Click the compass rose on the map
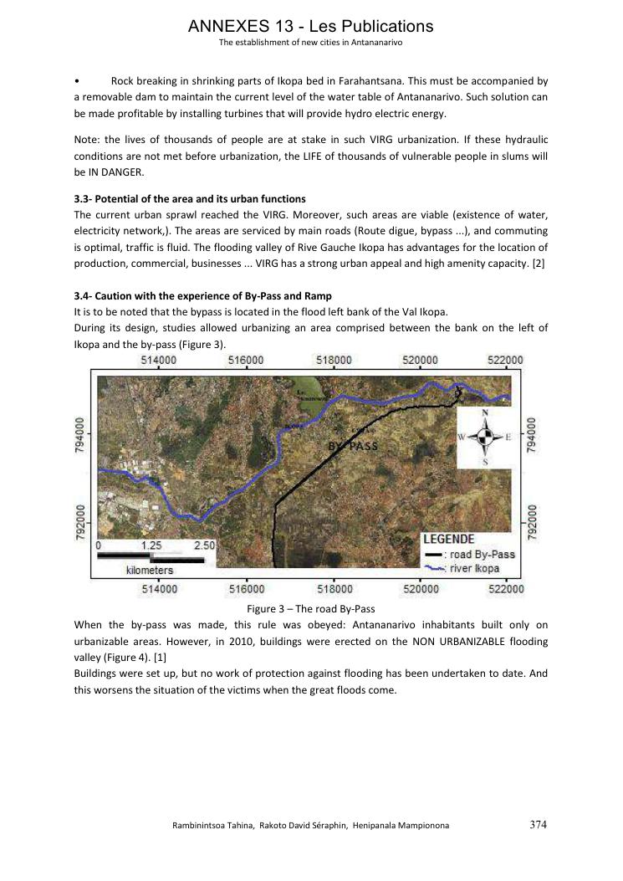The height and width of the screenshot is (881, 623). tap(484, 437)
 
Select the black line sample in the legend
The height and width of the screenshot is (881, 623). tap(433, 555)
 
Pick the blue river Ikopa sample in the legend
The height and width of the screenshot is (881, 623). tap(433, 569)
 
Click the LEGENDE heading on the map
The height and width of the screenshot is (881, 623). tap(449, 540)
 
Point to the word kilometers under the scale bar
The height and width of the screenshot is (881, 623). tap(150, 570)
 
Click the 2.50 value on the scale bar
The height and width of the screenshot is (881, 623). tap(204, 545)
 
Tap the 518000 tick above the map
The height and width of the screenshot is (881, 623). tap(333, 361)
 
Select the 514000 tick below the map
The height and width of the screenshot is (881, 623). tap(159, 589)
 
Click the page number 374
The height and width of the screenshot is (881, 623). tap(539, 824)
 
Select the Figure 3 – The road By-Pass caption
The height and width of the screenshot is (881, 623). tap(310, 609)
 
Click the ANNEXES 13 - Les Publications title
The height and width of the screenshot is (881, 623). tap(311, 27)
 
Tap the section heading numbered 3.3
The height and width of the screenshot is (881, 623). tap(190, 198)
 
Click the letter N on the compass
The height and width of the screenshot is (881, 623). tap(485, 413)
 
